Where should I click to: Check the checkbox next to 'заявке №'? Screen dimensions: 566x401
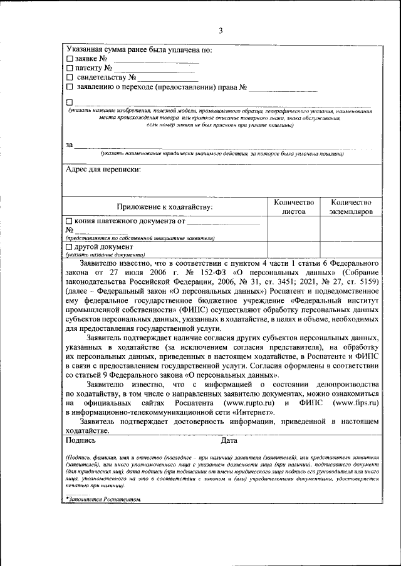point(70,59)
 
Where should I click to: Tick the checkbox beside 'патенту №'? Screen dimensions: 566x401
point(70,68)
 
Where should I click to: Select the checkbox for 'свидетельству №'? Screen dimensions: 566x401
point(70,78)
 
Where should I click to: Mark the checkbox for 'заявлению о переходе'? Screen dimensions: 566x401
point(70,87)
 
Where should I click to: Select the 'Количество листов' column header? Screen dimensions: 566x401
point(293,207)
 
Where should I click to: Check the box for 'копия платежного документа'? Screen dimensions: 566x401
point(70,221)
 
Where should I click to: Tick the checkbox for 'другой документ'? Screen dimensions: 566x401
point(70,247)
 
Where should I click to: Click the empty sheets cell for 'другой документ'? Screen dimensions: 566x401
point(293,250)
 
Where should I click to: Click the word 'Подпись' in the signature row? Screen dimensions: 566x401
point(80,440)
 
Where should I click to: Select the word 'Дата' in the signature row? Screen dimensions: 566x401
point(229,440)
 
